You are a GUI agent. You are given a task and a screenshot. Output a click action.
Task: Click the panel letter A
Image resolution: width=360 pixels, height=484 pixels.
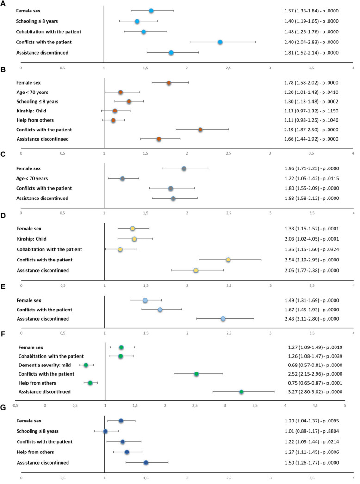(3, 3)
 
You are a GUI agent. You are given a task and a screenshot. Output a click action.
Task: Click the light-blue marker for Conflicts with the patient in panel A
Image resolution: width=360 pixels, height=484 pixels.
(220, 42)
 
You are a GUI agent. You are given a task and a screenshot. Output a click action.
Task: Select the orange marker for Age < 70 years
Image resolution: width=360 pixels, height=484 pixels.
(120, 92)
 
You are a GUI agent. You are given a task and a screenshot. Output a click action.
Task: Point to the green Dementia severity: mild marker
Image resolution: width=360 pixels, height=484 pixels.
(86, 365)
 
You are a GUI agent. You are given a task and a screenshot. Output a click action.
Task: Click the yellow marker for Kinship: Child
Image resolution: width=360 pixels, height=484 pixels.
(134, 239)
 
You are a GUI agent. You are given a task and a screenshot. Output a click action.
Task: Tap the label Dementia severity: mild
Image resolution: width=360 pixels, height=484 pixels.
(44, 365)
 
